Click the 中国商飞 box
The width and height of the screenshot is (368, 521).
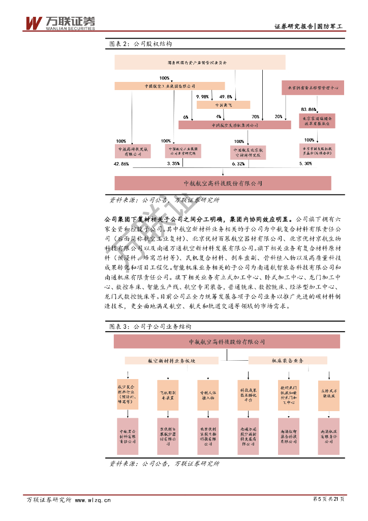point(223,105)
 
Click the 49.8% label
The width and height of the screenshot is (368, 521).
point(226,96)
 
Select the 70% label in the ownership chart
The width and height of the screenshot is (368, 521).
point(255,117)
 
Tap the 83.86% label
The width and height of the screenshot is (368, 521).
point(309,109)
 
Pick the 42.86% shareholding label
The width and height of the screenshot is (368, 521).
point(121,164)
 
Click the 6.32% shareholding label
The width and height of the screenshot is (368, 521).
point(238,164)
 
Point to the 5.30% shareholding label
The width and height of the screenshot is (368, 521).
point(305,163)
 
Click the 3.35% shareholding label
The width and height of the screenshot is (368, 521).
point(173,164)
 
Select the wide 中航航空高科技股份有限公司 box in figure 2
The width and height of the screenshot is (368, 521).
point(223,183)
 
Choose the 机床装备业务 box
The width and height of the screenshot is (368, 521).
point(287,360)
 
